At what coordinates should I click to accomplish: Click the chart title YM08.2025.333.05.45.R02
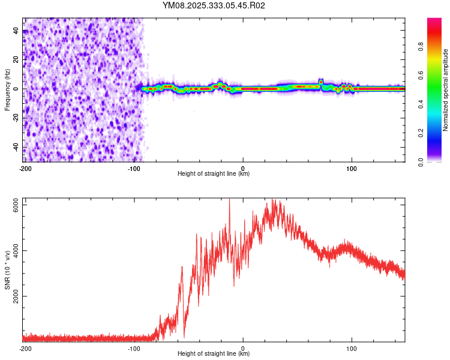[214, 6]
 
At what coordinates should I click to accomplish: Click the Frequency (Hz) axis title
[7, 89]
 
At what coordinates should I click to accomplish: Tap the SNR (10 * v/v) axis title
[7, 269]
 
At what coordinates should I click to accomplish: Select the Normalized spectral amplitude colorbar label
[445, 90]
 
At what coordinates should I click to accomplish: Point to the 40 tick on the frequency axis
[17, 30]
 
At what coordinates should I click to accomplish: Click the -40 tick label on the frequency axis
[17, 148]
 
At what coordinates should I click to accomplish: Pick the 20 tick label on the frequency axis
[17, 59]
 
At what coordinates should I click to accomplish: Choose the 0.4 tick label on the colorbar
[421, 104]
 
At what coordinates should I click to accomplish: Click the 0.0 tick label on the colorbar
[421, 161]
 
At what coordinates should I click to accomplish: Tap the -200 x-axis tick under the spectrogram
[25, 169]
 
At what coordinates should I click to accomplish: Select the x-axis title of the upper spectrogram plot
[214, 174]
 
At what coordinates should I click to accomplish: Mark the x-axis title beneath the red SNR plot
[214, 354]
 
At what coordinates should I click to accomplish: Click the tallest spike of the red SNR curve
[229, 200]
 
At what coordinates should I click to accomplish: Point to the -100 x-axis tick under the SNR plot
[134, 349]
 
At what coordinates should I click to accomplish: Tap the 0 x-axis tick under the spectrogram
[243, 169]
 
